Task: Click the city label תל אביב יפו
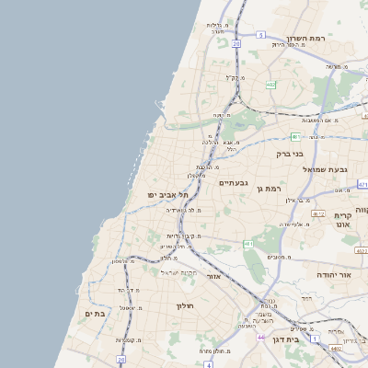click(x=167, y=195)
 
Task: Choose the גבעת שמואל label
click(x=338, y=169)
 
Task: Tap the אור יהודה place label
click(x=333, y=275)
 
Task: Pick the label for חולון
click(x=182, y=305)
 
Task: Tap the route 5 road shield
click(x=261, y=35)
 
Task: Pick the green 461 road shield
click(x=248, y=244)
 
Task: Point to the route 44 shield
click(x=261, y=338)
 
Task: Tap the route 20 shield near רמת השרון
click(x=236, y=43)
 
